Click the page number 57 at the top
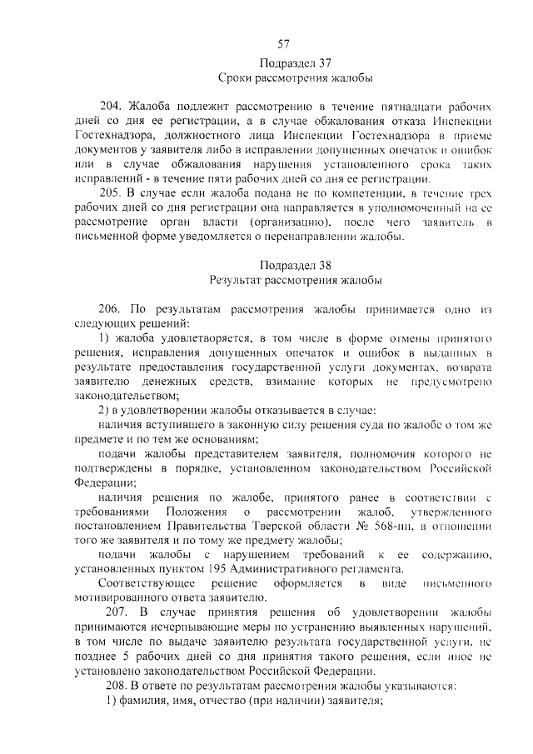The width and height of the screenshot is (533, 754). tap(282, 44)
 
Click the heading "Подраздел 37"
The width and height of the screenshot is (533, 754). tap(282, 63)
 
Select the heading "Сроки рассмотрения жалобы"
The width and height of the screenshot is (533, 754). tap(282, 79)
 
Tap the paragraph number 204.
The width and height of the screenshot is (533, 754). tap(112, 107)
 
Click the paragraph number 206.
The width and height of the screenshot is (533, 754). tap(112, 308)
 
